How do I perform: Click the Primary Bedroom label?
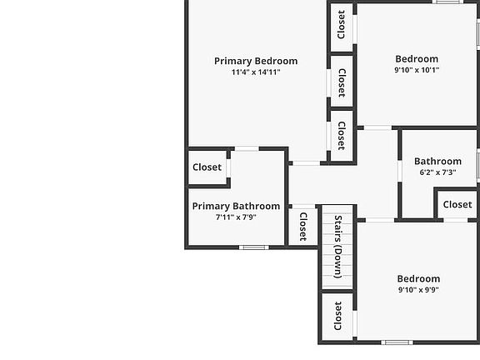click(256, 61)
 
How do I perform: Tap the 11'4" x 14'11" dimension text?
click(256, 72)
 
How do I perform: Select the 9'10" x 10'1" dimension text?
click(417, 70)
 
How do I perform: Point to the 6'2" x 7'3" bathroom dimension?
click(437, 172)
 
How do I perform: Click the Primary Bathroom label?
click(236, 207)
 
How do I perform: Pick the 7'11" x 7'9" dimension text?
click(236, 217)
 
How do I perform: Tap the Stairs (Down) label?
click(338, 247)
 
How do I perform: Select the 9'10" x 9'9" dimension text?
click(418, 290)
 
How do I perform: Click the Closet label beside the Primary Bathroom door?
click(207, 167)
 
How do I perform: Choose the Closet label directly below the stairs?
click(337, 316)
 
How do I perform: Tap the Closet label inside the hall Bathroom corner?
click(457, 204)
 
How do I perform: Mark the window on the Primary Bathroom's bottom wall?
click(254, 247)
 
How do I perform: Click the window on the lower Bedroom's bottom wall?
click(397, 342)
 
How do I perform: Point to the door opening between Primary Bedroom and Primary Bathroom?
click(247, 149)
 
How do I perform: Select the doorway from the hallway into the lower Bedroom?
click(380, 220)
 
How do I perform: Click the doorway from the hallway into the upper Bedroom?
click(377, 127)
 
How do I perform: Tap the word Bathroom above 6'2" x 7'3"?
click(437, 162)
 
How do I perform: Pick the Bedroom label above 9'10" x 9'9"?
click(418, 279)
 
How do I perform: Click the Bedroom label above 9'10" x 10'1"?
click(417, 59)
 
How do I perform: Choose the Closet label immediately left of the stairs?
click(303, 227)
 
